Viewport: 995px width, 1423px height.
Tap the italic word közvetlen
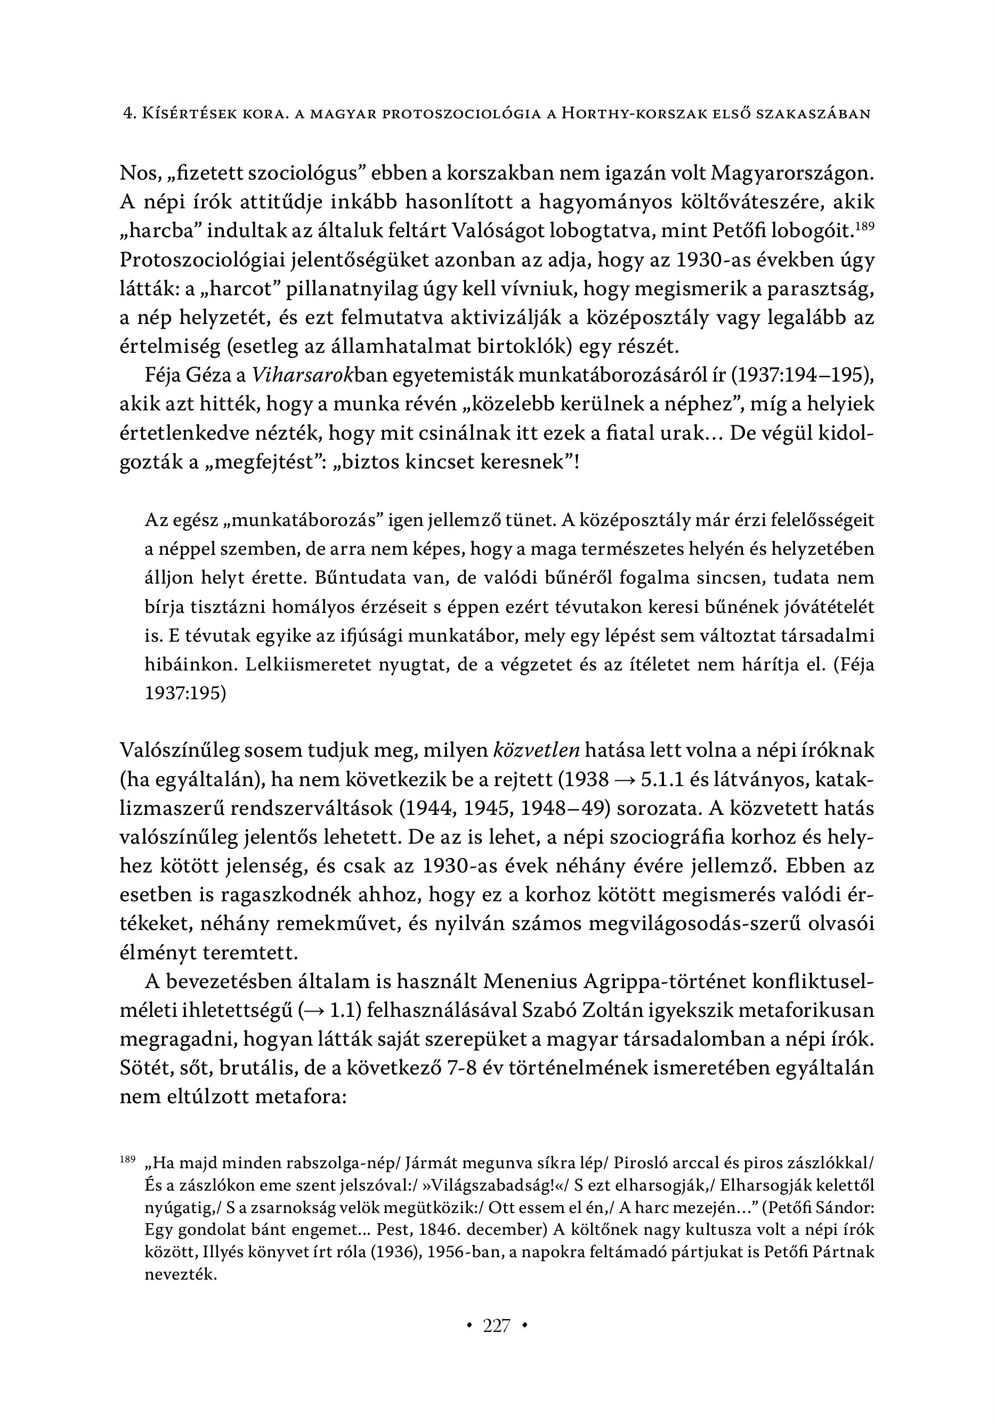[536, 750]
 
